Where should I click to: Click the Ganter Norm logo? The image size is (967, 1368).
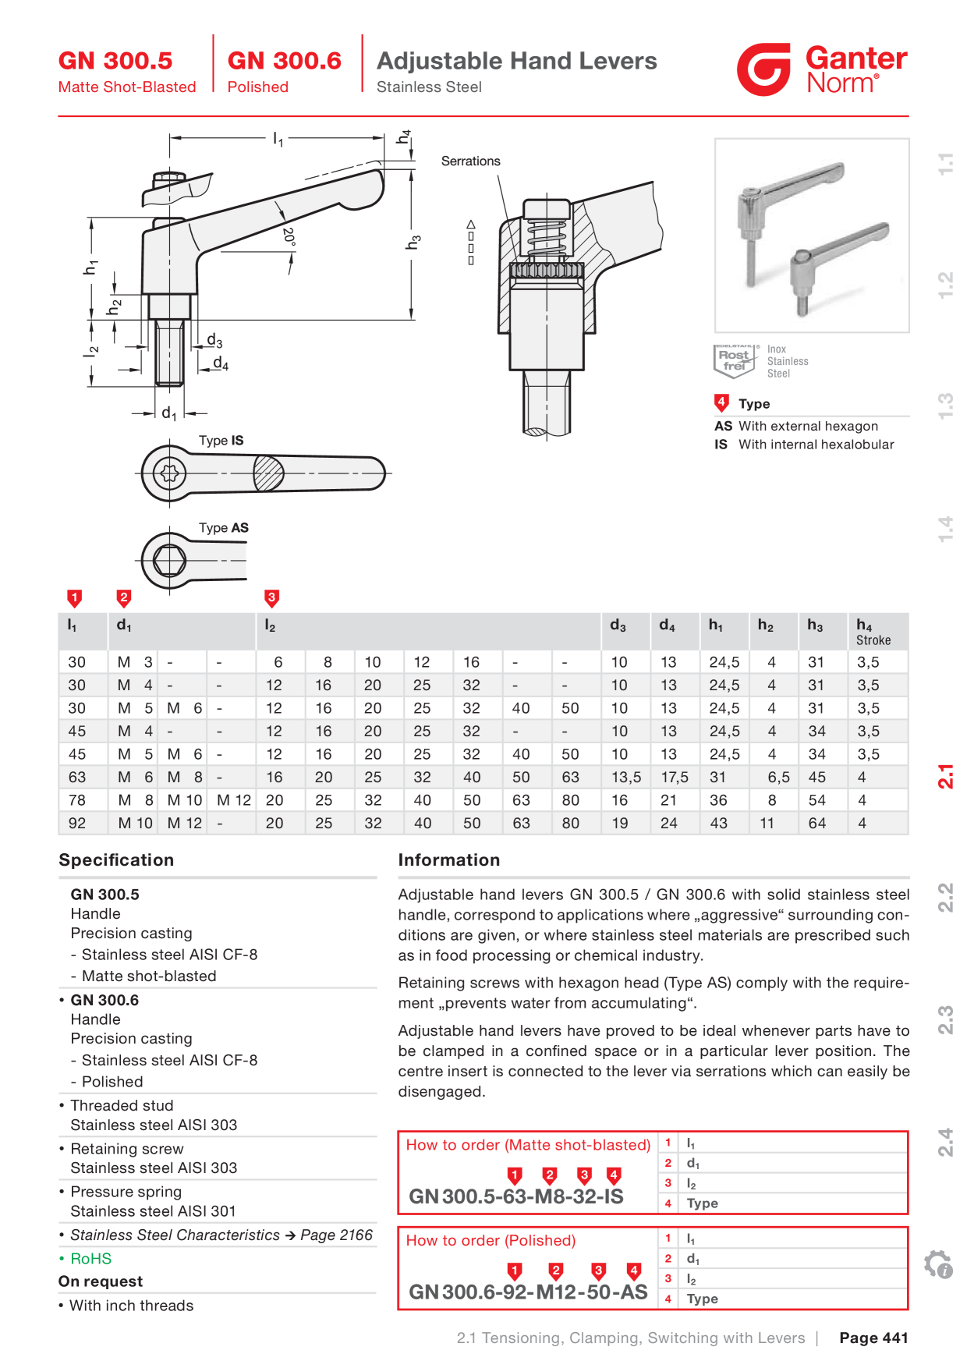tap(822, 69)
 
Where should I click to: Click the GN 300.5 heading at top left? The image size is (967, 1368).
tap(115, 61)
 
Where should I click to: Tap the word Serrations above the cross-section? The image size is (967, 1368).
tap(470, 161)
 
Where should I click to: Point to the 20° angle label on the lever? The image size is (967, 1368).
tap(289, 237)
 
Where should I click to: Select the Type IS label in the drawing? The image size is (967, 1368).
tap(221, 441)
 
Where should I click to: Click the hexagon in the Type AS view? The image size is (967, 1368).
tap(169, 559)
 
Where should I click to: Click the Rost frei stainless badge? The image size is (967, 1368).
tap(735, 360)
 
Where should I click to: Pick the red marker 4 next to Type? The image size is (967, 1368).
tap(721, 403)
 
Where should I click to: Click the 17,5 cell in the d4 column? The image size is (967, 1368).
tap(675, 778)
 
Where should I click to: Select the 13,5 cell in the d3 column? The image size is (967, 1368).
tap(626, 778)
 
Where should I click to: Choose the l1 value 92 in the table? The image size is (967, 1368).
tap(77, 824)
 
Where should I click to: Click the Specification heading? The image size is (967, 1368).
tap(116, 860)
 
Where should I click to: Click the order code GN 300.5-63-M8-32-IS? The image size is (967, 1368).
tap(516, 1196)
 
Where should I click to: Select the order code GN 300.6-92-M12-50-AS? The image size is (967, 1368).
tap(528, 1292)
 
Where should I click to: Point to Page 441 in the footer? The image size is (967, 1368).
tap(873, 1338)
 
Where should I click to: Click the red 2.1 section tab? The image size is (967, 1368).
tap(945, 777)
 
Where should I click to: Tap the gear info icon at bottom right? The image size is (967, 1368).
tap(938, 1264)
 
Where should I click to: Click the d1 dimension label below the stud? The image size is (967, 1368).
tap(168, 413)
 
